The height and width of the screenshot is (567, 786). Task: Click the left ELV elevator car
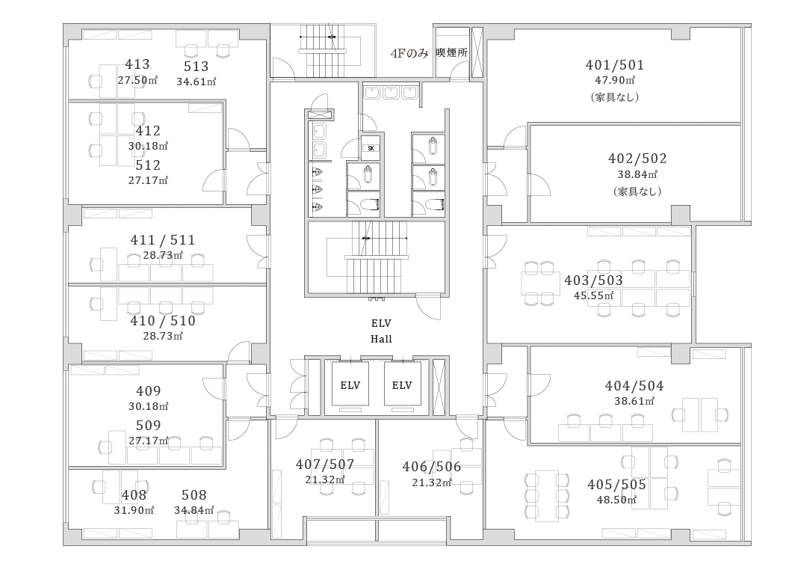point(350,384)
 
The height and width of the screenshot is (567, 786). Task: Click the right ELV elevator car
point(402,384)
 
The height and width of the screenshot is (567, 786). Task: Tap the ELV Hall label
point(381,331)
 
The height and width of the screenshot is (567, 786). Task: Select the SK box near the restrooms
point(371,148)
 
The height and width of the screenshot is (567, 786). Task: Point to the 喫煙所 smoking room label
point(451,52)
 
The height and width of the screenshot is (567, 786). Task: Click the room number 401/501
point(615,65)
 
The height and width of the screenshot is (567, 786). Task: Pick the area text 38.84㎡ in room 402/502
point(637,174)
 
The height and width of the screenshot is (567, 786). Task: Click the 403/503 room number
point(593,280)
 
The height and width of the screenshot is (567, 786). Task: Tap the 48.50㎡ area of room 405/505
point(616,500)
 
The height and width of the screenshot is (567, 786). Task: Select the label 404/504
point(634,386)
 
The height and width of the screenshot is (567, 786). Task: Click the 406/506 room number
point(432,467)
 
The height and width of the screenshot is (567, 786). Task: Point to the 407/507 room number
point(325,464)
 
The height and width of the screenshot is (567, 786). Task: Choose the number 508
point(194,495)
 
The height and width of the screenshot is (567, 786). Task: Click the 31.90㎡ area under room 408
point(134,510)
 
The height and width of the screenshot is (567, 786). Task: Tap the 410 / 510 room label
point(163,321)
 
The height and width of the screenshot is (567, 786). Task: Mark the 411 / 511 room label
point(163,240)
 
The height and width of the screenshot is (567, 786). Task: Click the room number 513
point(196,67)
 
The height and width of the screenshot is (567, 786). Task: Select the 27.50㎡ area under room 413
point(137,80)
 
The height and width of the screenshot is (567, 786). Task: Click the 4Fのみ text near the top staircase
point(409,53)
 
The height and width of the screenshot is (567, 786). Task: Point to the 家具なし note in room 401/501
point(615,96)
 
